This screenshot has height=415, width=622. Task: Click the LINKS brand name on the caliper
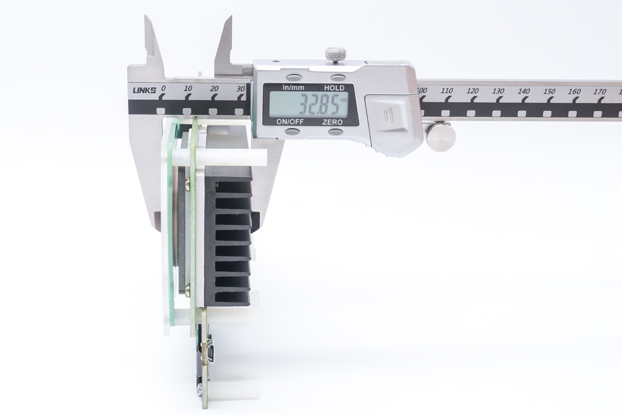point(145,90)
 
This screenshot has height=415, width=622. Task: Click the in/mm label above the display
point(293,88)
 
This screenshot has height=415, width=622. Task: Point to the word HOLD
point(334,88)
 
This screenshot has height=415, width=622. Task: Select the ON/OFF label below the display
point(290,122)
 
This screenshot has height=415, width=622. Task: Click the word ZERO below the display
point(332,122)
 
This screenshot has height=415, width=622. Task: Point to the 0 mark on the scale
point(163,88)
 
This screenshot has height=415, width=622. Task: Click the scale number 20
point(214,89)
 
